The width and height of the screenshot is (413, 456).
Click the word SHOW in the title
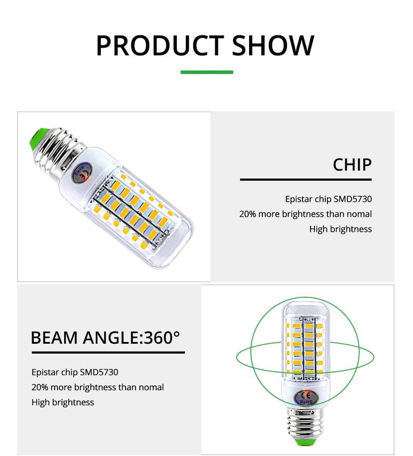coord(273,45)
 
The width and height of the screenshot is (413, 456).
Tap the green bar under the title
coord(206,72)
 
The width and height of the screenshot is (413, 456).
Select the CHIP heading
coord(352,165)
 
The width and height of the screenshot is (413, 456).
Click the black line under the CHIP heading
coord(306,179)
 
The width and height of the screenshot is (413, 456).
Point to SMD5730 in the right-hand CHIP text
coord(352,199)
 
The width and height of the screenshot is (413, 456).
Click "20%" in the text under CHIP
coord(247,214)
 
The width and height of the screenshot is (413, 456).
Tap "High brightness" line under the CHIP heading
coord(340,229)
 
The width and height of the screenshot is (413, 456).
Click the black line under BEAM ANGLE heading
coord(108,352)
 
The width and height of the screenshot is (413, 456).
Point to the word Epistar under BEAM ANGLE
coord(45,372)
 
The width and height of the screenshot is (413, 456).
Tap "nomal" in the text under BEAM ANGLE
coord(151,387)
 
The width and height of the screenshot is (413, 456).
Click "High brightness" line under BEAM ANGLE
coord(63,403)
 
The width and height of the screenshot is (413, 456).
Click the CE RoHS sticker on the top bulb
coord(82,173)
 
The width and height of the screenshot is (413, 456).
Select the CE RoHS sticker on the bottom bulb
coord(305,398)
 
